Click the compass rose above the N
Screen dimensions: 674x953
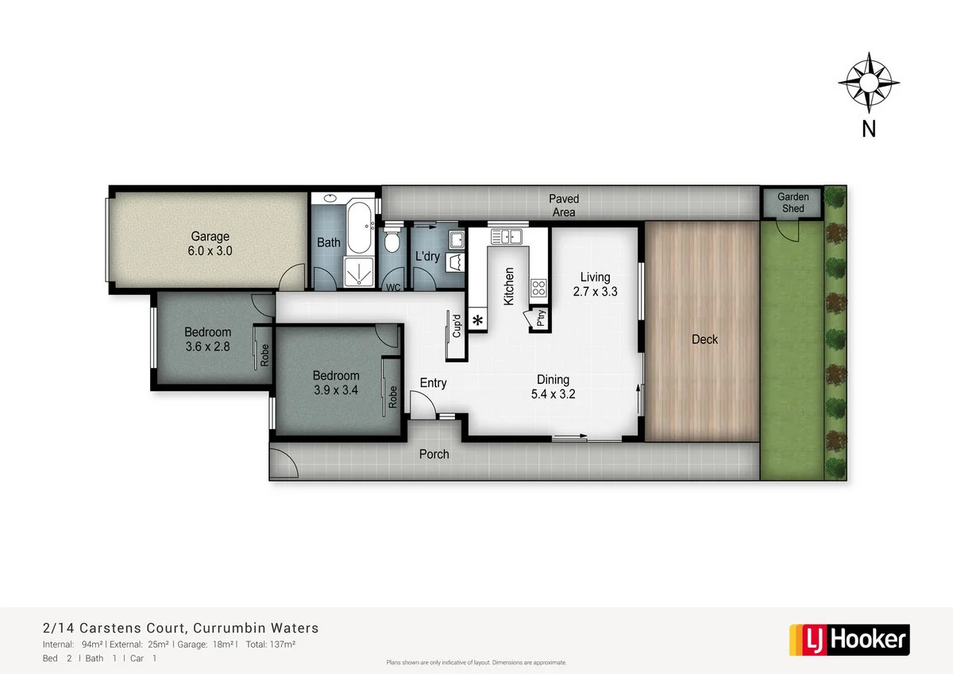tap(868, 82)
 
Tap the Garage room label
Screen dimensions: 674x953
tap(210, 236)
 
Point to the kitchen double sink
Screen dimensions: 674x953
tap(505, 236)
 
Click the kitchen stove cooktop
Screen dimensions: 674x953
tap(538, 287)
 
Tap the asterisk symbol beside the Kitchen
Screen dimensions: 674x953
tap(477, 320)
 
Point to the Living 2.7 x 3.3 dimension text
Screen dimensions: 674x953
tap(595, 292)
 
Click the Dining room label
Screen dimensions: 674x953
tap(553, 380)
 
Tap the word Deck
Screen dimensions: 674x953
tap(704, 339)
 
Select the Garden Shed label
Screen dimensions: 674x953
tap(792, 203)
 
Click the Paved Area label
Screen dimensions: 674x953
tap(564, 205)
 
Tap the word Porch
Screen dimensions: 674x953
tap(434, 455)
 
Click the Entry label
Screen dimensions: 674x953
tap(433, 383)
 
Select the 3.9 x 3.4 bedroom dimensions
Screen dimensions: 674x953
tap(335, 390)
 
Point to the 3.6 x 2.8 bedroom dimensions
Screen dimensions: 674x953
tap(208, 347)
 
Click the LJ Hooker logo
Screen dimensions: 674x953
tap(848, 640)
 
